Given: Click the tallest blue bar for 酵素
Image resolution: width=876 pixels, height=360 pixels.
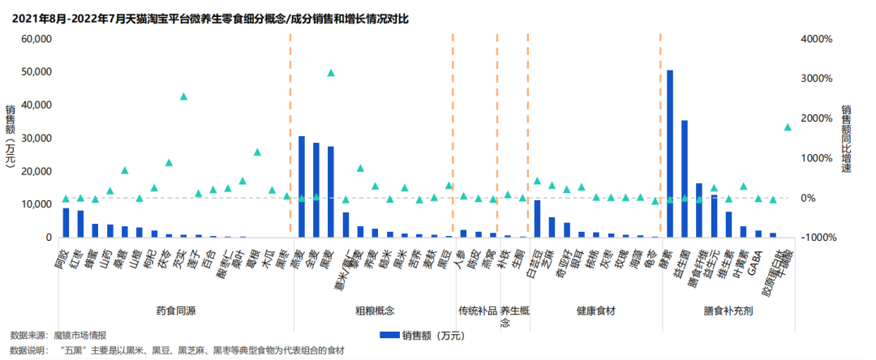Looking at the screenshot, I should tap(670, 154).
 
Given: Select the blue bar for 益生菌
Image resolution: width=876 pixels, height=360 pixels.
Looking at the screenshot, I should tap(685, 178).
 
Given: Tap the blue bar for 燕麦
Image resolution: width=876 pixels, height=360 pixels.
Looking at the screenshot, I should tap(302, 186).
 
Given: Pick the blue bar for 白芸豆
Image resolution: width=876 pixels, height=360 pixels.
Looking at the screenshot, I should tap(537, 219).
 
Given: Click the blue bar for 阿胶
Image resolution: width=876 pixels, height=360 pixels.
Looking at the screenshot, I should tap(67, 223).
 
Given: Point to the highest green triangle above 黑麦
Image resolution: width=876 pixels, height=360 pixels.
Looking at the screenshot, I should tap(331, 73).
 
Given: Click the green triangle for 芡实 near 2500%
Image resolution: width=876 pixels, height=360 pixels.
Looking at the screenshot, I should tap(184, 96).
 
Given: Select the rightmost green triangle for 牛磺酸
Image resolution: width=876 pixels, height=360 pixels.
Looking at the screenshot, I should tap(787, 127).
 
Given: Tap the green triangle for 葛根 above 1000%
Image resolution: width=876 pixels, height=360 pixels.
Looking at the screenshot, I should tap(257, 152).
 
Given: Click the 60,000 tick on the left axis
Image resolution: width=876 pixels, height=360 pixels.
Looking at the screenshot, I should tap(37, 39).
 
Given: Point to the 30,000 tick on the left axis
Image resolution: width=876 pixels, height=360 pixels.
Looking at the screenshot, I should tap(37, 139).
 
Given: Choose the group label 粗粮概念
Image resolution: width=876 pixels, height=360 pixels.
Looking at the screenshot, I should tap(374, 311).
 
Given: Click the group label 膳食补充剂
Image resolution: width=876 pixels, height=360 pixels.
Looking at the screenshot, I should tap(728, 311).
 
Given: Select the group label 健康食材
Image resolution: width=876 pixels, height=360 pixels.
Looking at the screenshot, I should tap(595, 311).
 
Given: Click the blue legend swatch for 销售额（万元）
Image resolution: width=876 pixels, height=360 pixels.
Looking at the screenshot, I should tap(393, 334).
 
